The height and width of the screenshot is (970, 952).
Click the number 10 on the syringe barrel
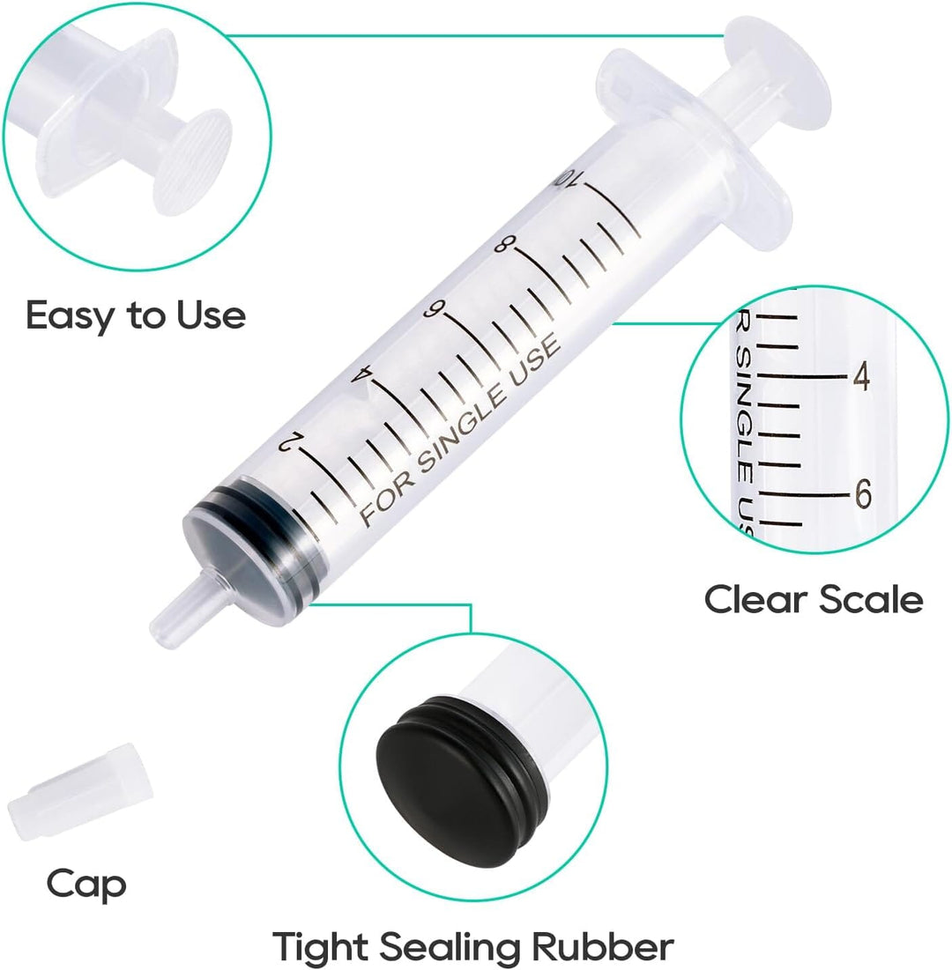pos(568,179)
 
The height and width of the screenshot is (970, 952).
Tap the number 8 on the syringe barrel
pos(502,245)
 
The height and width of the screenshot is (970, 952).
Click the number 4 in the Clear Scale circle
pos(861,375)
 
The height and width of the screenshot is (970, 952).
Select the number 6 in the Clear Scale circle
pos(863,493)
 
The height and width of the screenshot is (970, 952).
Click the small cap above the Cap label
pos(79,792)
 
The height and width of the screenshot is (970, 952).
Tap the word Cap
pos(86,885)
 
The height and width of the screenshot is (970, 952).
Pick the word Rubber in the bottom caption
pos(604,946)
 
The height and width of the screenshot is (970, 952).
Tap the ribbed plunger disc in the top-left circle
pos(193,162)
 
